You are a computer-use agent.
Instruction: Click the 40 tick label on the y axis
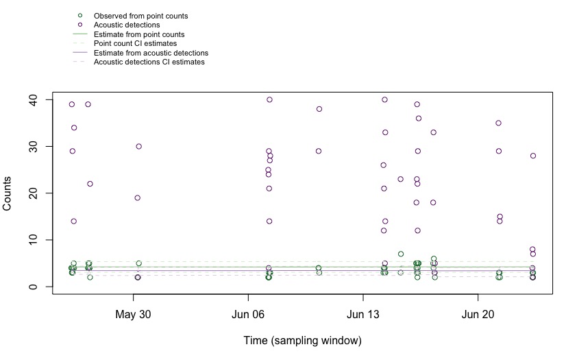42,100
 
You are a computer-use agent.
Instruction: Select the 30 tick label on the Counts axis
42,147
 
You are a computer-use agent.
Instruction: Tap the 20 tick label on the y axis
42,193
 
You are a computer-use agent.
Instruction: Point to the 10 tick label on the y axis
42,240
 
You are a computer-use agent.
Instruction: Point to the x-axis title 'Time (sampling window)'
302,340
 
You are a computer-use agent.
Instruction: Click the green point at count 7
401,254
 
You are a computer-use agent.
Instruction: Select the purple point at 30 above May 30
138,147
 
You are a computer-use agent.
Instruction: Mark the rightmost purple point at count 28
533,156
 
